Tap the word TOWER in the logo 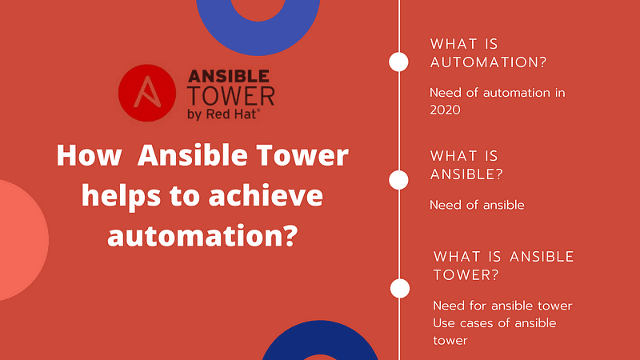coord(230,97)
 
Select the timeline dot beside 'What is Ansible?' coord(398,180)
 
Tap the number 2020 coord(445,110)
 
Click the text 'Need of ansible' coord(477,205)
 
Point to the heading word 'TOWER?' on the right coord(466,275)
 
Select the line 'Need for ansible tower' coord(502,306)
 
